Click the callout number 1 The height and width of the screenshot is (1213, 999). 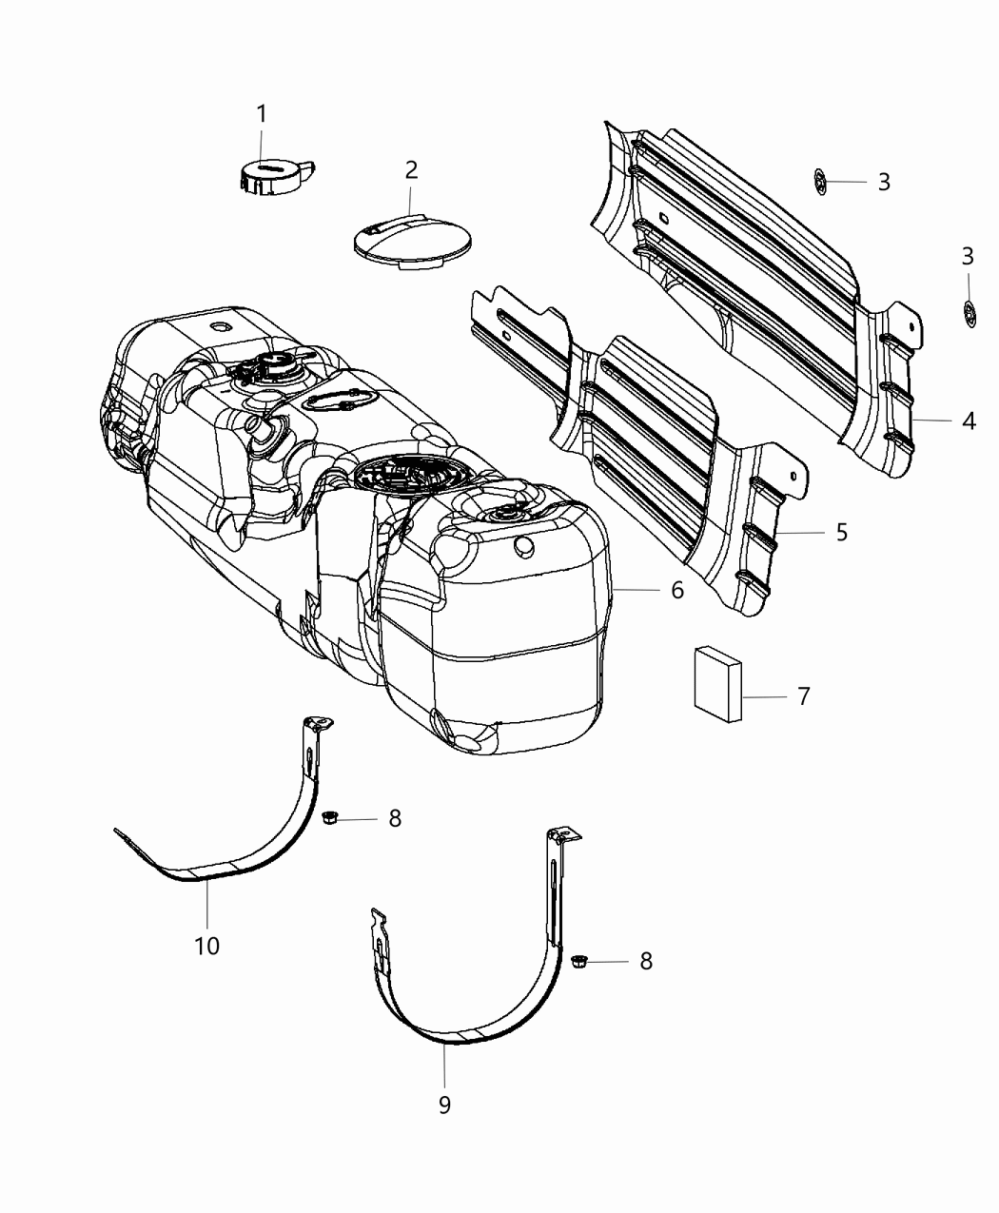pos(261,114)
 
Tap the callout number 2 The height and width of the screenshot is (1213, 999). pos(411,170)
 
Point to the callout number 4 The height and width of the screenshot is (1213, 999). pos(968,421)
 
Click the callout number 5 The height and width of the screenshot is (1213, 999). pos(841,533)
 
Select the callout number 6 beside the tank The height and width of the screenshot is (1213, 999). pos(676,591)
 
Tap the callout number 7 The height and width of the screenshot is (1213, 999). pos(803,697)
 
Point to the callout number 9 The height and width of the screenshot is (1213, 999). pos(444,1105)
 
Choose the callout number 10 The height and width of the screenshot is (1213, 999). pos(206,947)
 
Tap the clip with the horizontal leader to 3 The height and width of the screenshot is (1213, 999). pos(820,181)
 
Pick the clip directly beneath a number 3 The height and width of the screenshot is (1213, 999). pos(969,313)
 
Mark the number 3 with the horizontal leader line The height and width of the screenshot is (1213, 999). pos(884,182)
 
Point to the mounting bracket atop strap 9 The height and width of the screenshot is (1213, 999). pos(562,836)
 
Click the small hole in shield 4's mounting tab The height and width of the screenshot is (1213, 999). pos(911,324)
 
